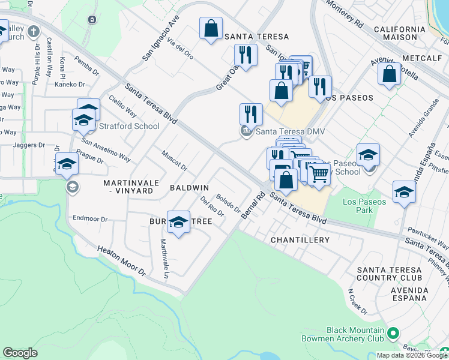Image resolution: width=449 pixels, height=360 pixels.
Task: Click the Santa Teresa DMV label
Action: [285, 132]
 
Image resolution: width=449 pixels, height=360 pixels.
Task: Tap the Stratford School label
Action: [129, 126]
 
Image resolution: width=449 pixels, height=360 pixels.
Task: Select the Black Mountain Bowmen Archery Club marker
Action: [394, 332]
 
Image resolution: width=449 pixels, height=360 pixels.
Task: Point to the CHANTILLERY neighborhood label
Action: [300, 240]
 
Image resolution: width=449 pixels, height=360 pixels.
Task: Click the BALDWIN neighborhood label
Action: [189, 188]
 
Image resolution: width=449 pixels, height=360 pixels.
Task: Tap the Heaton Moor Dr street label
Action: [122, 259]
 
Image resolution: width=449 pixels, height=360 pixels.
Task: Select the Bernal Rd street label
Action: [253, 205]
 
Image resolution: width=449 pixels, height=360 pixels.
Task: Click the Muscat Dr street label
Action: [174, 160]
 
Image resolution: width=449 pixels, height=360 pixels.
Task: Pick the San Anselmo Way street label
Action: [106, 151]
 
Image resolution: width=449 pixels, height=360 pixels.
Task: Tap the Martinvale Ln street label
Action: [163, 259]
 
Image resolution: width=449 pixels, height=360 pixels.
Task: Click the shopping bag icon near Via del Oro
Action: [211, 29]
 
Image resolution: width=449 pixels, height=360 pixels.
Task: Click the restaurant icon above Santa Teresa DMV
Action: [251, 113]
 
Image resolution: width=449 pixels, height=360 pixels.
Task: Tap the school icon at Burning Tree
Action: [178, 222]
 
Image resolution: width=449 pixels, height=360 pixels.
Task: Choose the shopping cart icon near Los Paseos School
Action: [320, 174]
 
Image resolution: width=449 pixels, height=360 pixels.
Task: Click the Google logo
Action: [20, 353]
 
